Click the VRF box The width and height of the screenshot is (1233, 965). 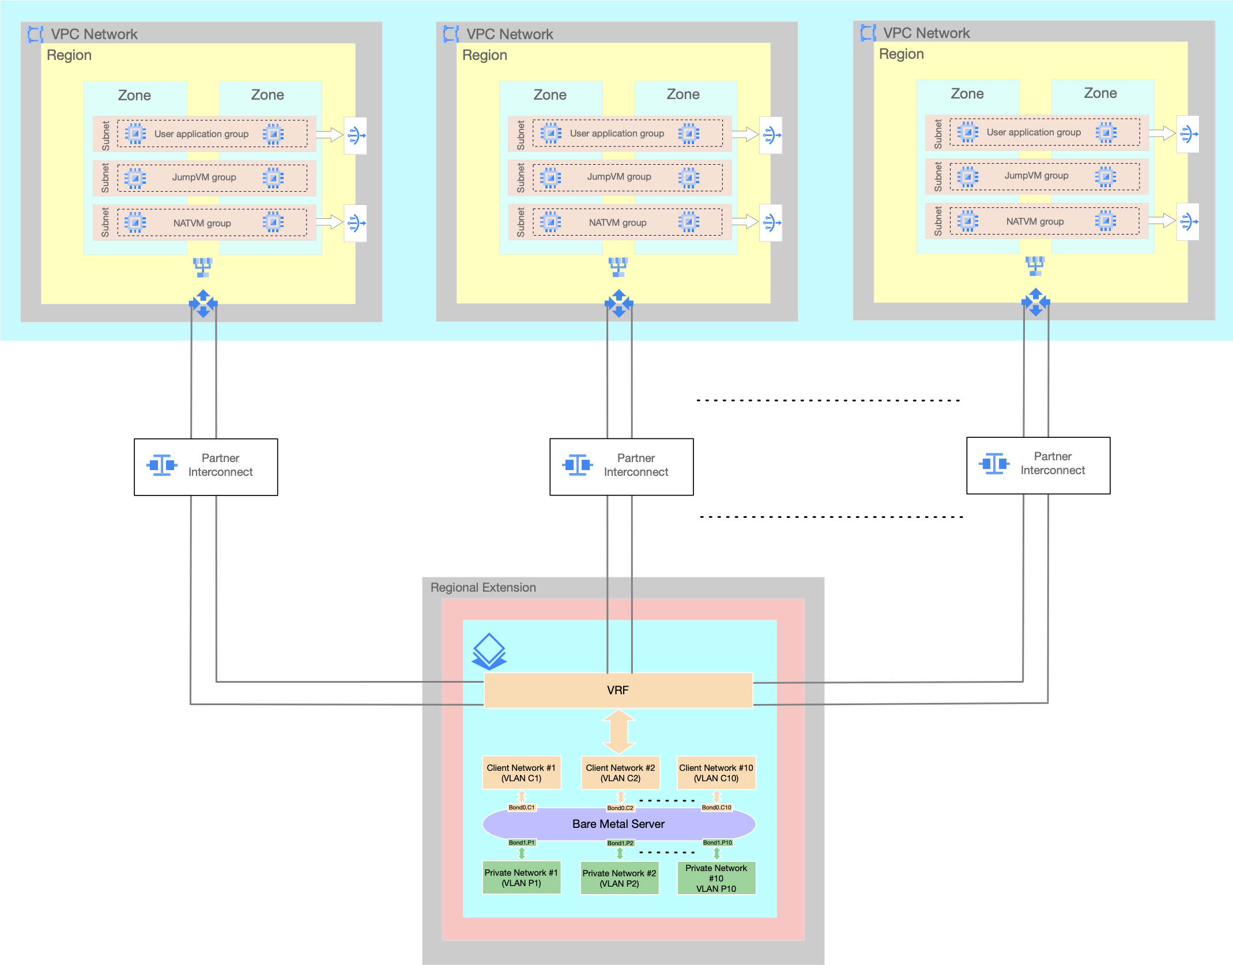point(618,690)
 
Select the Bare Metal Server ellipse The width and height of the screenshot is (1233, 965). point(618,824)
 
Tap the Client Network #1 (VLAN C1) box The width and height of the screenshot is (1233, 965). point(521,773)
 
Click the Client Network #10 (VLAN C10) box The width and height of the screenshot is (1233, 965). point(716,773)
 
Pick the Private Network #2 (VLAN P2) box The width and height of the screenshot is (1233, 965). point(619,878)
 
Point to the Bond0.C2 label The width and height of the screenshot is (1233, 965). point(620,808)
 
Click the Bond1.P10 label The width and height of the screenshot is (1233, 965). point(717,842)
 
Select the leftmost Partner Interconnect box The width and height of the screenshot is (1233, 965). point(206,466)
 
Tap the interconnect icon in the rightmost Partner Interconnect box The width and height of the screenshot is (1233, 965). point(994,463)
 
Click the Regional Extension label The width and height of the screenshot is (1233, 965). point(483,587)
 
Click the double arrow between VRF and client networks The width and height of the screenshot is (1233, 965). point(619,732)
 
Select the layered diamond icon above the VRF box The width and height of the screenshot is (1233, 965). point(489,651)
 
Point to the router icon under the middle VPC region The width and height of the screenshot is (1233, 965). point(619,303)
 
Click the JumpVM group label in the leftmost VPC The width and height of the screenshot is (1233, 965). point(204,177)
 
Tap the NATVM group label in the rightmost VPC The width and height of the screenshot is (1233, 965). point(1035,221)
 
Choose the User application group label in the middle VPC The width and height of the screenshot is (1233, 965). point(617,133)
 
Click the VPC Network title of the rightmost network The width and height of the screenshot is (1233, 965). point(926,33)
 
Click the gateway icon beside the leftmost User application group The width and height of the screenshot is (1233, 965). point(356,135)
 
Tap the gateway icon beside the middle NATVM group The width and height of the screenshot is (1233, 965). point(771,222)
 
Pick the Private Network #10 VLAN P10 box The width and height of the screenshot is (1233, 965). point(716,878)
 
